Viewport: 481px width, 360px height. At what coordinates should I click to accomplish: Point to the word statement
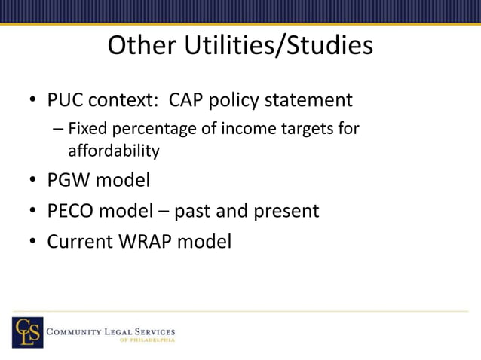click(x=310, y=100)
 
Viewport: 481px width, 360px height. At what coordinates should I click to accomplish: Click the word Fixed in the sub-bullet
click(x=86, y=130)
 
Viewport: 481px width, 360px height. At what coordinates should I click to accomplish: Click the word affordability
click(x=114, y=151)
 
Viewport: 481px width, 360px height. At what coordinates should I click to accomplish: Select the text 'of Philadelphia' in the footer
click(x=147, y=340)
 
